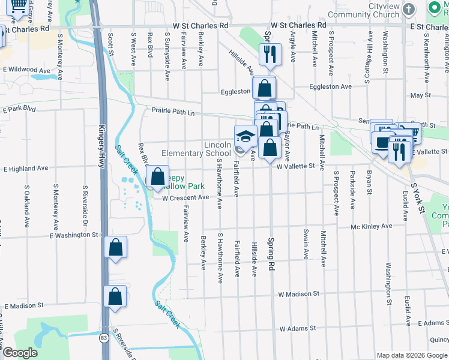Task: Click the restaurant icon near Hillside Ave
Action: coord(270,55)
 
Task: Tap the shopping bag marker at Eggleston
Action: coord(264,88)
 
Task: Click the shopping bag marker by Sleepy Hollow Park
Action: coord(157,176)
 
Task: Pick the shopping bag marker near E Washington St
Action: coord(115,248)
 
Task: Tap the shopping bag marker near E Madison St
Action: coord(115,297)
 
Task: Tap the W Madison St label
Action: coord(298,294)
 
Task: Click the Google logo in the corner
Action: coord(20,353)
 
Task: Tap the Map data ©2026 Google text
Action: coord(412,355)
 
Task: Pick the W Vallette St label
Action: coord(296,166)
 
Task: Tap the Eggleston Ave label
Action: coord(330,86)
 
